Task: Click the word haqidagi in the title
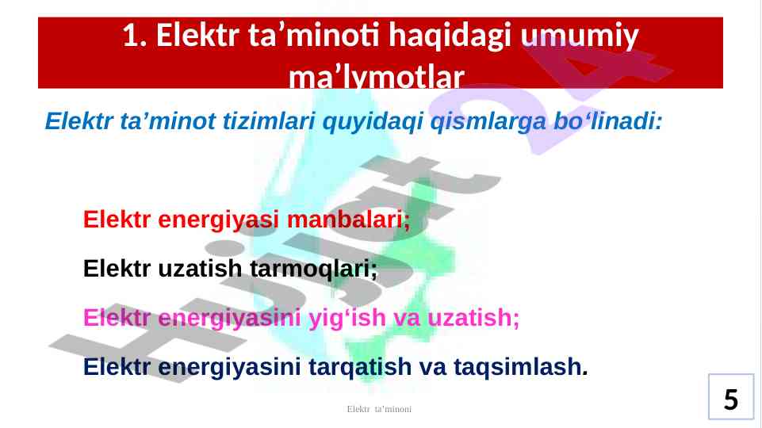[450, 36]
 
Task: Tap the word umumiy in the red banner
[580, 36]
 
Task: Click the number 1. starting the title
[135, 36]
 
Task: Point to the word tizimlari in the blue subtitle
[269, 121]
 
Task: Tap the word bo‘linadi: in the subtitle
[608, 121]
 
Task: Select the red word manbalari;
[348, 220]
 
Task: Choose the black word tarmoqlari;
[313, 269]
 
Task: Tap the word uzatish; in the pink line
[473, 318]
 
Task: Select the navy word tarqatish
[360, 368]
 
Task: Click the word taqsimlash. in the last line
[521, 367]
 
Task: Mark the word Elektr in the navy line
[117, 367]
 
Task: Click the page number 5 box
[731, 396]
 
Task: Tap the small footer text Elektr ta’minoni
[379, 409]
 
